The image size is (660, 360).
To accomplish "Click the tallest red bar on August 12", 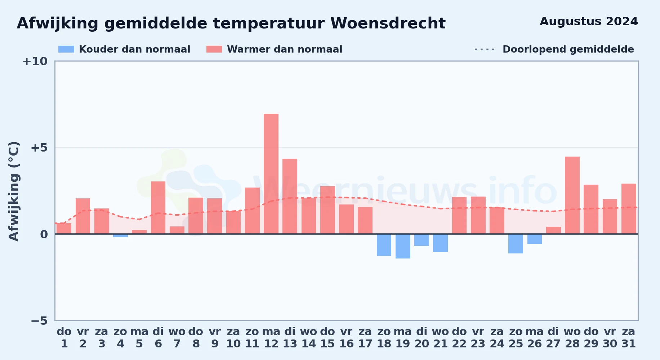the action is [271, 174].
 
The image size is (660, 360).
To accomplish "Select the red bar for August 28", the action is [572, 195].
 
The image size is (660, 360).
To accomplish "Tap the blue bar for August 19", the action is [403, 246].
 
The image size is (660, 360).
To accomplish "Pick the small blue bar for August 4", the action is [120, 235].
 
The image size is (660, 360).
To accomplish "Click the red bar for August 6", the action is [158, 208].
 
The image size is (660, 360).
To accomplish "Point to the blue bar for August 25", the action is [516, 244].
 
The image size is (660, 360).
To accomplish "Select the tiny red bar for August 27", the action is [553, 230].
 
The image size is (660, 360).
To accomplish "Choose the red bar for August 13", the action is [290, 196].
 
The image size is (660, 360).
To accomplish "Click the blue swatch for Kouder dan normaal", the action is [66, 49].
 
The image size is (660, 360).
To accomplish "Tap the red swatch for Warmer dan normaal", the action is [214, 49].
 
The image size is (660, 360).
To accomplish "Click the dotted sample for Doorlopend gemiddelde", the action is [485, 49].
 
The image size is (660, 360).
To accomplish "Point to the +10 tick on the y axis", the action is [35, 62].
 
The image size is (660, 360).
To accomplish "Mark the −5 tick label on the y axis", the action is [39, 321].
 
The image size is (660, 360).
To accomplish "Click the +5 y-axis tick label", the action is [39, 148].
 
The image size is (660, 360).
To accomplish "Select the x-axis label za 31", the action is [629, 338].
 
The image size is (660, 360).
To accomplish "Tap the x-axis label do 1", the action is [64, 338].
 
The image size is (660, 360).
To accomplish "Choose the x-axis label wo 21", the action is [440, 338].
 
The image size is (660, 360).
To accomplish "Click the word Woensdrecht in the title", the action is [388, 23].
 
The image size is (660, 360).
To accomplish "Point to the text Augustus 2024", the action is [589, 22].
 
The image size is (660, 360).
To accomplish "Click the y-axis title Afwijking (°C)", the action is [14, 191].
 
